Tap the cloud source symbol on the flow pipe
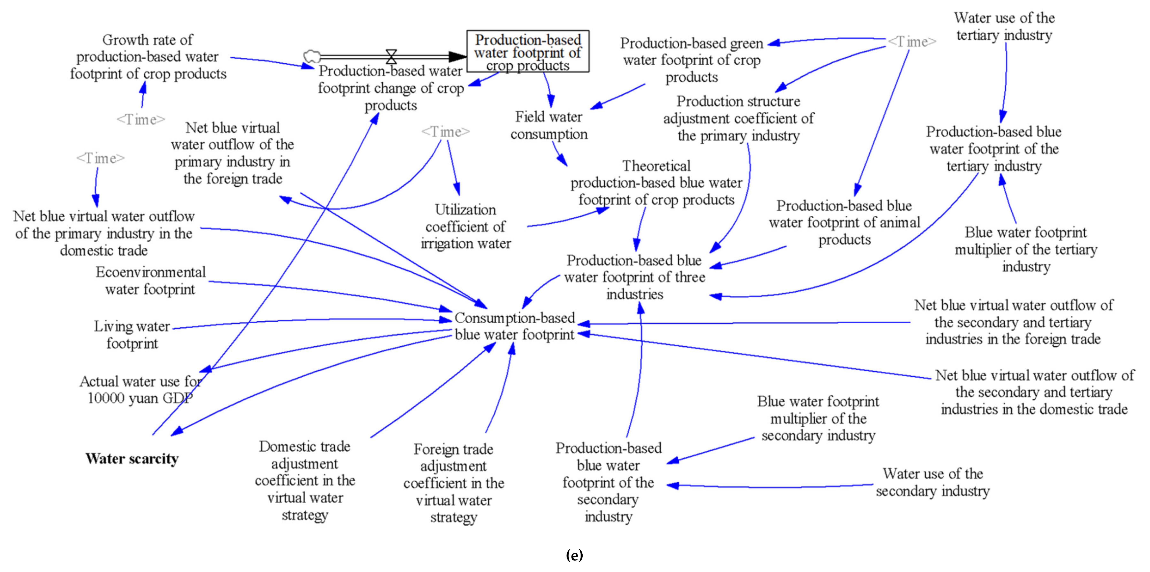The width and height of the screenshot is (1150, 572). tap(312, 56)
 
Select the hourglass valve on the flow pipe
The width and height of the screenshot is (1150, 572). tap(391, 56)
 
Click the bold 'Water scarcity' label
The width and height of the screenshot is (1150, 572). tap(132, 459)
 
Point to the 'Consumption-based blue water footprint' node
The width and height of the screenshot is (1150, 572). tap(514, 326)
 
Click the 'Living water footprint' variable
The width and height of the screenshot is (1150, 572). tap(132, 334)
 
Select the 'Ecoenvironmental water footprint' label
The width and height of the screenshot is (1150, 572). tap(151, 280)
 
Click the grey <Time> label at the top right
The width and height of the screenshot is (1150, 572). tap(912, 42)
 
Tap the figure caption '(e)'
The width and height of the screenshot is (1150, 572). tap(574, 555)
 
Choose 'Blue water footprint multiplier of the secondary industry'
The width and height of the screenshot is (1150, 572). tap(818, 418)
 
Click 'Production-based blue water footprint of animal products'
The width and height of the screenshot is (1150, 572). tap(844, 222)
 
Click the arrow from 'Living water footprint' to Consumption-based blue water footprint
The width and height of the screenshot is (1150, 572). tap(313, 320)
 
